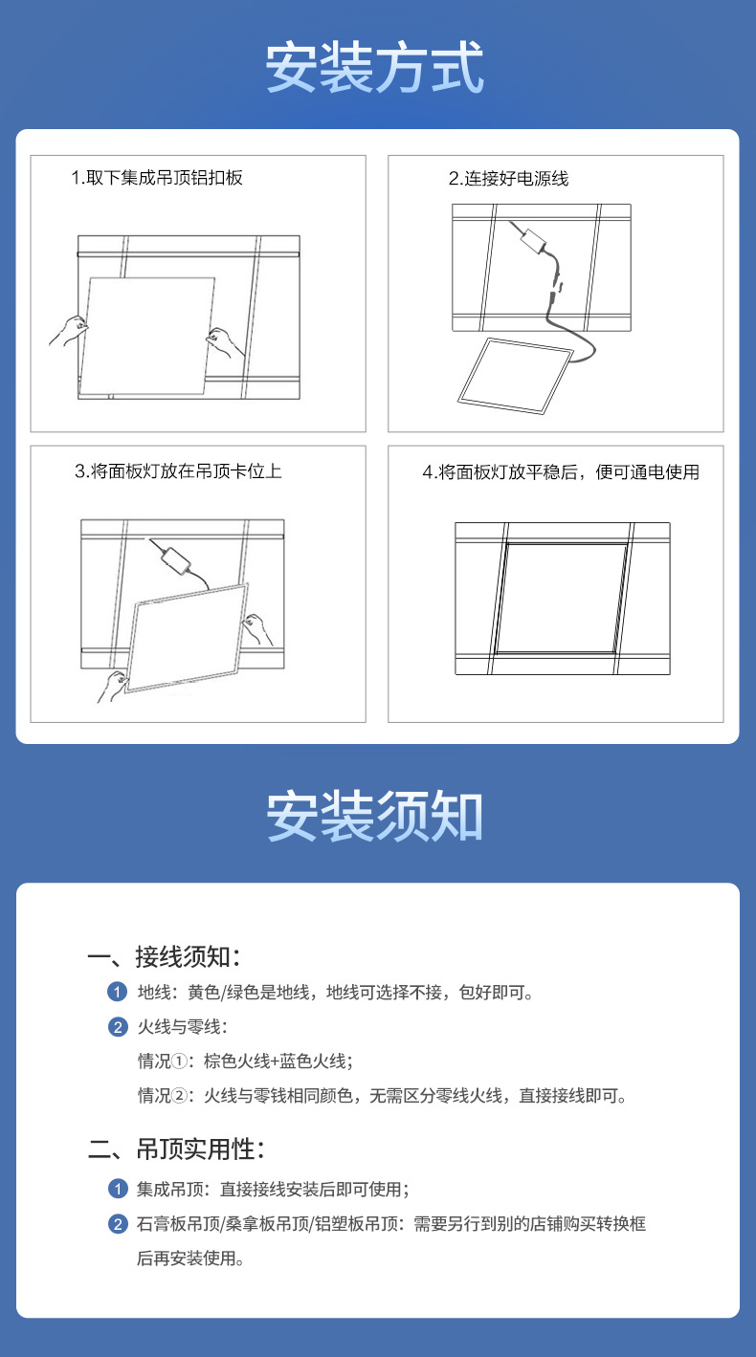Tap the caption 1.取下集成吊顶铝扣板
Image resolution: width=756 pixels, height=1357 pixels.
pos(157,178)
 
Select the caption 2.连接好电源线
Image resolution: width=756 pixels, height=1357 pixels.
pos(509,179)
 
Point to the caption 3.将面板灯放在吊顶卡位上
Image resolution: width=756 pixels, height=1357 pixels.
pos(179,471)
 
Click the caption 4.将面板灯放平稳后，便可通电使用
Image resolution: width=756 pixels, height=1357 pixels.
pos(561,472)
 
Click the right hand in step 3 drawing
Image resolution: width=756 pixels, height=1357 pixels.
pos(256,628)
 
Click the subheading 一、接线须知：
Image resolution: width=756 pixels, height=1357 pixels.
pos(164,956)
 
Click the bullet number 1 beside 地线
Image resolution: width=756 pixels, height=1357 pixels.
pos(118,993)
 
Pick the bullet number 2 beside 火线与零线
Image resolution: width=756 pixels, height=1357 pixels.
pos(118,1028)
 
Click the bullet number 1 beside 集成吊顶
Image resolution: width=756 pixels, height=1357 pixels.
pos(118,1190)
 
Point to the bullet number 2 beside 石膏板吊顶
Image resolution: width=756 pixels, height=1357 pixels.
pos(118,1224)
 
